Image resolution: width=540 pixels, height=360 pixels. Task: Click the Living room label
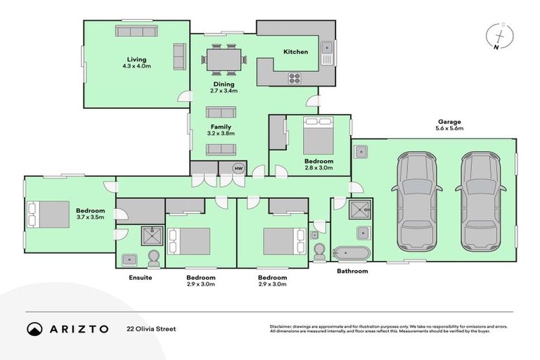(x=136, y=59)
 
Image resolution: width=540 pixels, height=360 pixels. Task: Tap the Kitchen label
(x=295, y=52)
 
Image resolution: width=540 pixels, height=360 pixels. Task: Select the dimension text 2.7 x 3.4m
(x=224, y=91)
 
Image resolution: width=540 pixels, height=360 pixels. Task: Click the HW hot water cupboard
(x=238, y=169)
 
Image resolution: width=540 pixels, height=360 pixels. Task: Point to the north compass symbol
(x=499, y=37)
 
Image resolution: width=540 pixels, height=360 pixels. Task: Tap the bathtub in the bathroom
(x=350, y=252)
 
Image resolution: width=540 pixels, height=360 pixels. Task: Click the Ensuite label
(x=141, y=278)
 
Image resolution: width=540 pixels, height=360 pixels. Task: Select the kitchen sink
(x=326, y=49)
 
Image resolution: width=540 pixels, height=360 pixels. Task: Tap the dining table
(x=224, y=58)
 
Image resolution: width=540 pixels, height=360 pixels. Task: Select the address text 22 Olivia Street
(x=150, y=328)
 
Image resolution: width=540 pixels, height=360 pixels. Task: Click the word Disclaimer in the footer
(x=283, y=327)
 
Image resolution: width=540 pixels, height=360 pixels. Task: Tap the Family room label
(x=221, y=127)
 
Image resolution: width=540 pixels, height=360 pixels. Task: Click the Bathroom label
(x=352, y=271)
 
